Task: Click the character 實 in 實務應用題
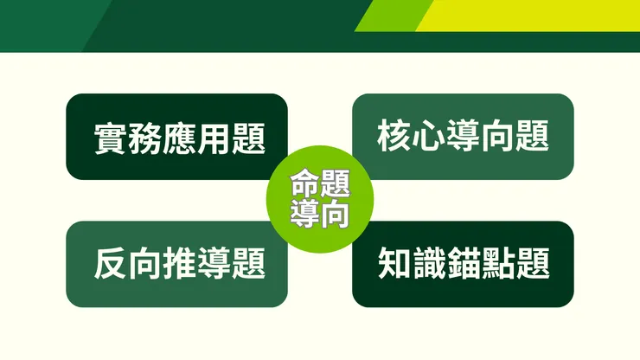click(110, 139)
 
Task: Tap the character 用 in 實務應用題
click(214, 139)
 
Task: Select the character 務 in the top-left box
click(144, 139)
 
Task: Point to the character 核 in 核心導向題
click(394, 136)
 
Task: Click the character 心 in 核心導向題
click(429, 136)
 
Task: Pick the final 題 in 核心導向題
click(533, 136)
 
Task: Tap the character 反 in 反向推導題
click(110, 264)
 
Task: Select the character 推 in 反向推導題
click(179, 264)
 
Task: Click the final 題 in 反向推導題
click(248, 264)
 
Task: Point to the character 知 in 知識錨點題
click(394, 264)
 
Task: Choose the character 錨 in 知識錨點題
click(464, 264)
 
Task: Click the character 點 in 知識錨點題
click(498, 264)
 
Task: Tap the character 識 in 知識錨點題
click(429, 264)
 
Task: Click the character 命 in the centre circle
click(304, 183)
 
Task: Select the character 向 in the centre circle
click(334, 213)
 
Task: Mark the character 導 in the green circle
click(304, 213)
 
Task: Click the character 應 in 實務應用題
click(179, 139)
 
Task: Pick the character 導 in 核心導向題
click(464, 136)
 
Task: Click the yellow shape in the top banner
click(536, 15)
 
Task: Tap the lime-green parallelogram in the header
click(394, 15)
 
